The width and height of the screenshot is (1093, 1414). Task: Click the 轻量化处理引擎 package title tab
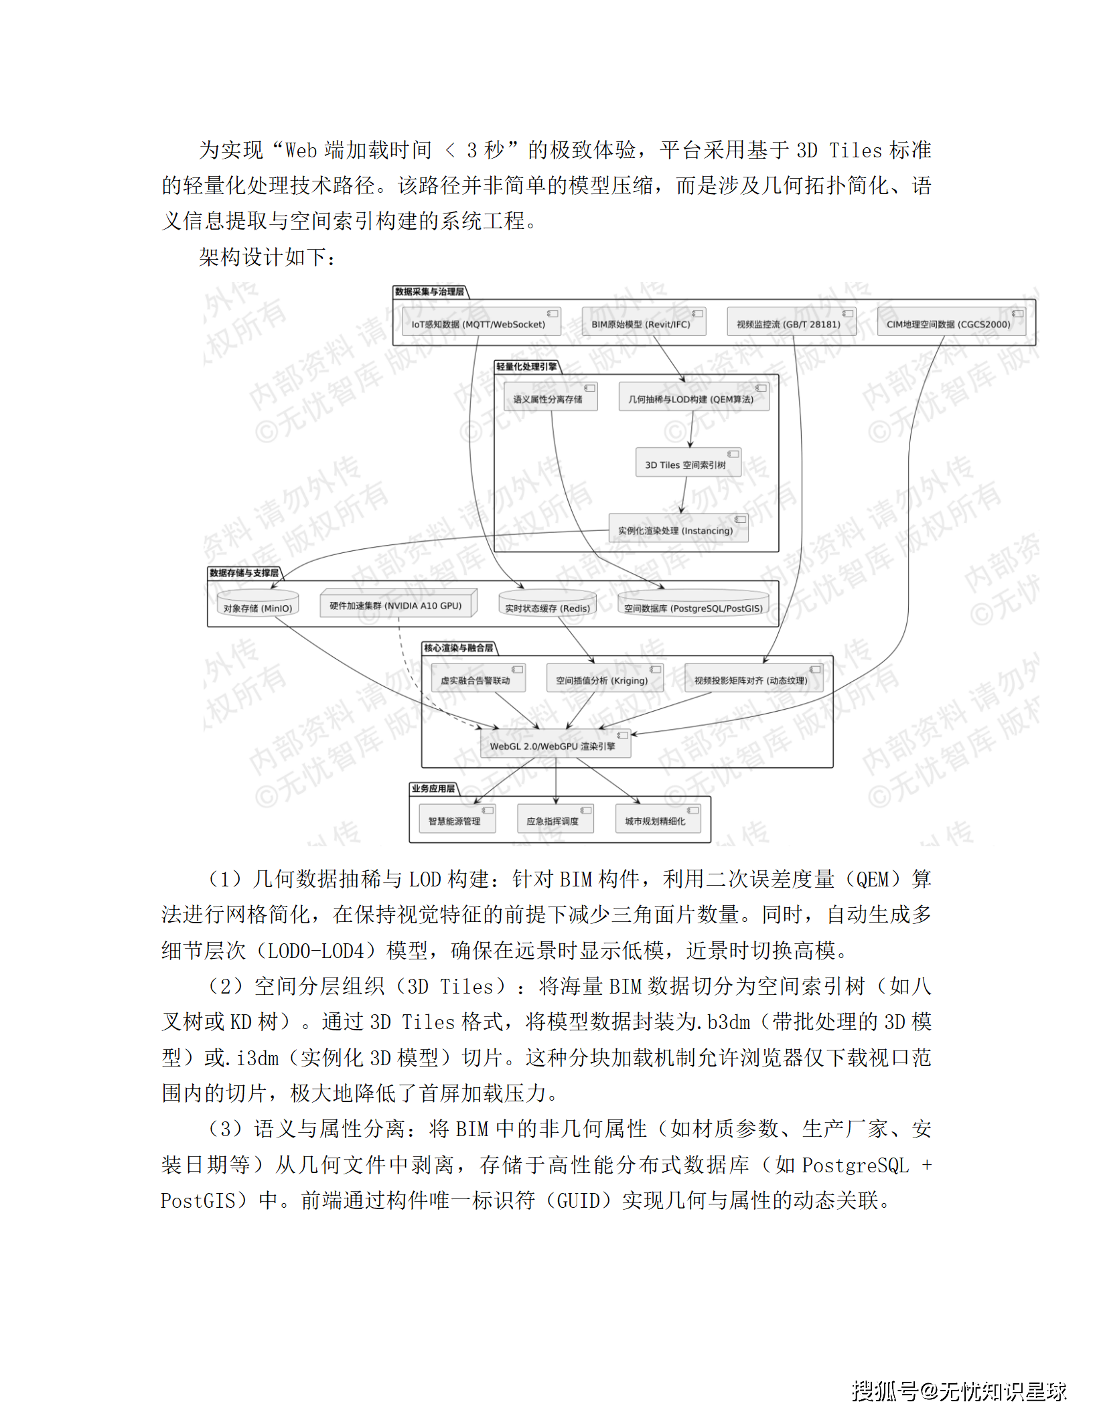(x=526, y=366)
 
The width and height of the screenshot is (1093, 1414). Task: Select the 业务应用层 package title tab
(x=433, y=788)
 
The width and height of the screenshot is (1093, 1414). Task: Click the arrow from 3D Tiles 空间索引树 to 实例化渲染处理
(x=683, y=495)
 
